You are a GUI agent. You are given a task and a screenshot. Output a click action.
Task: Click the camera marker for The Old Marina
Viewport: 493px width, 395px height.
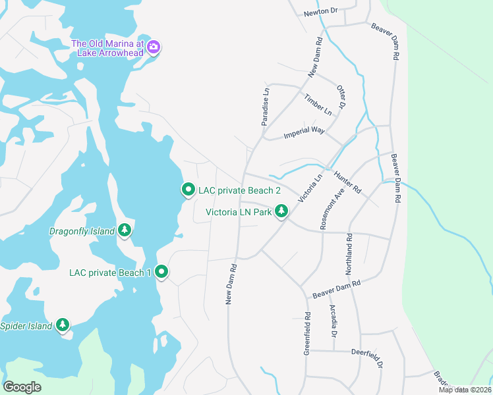[154, 47]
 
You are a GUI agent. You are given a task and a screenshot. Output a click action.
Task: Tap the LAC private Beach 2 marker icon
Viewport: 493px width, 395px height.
[188, 190]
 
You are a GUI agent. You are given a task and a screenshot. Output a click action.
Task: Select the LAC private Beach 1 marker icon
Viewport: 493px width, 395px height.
[161, 272]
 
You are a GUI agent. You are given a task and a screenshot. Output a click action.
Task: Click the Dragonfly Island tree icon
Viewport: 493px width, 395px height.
[125, 231]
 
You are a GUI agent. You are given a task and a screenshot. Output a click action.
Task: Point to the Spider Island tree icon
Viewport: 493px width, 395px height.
[63, 325]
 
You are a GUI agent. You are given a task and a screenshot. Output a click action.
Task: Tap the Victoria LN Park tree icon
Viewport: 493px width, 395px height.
[281, 212]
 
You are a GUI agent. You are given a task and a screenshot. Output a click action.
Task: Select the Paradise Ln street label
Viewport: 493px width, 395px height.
[266, 107]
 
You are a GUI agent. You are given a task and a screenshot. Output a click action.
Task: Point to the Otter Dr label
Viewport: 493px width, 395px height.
[341, 97]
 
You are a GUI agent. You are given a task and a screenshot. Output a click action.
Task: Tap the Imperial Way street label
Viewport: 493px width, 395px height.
[304, 132]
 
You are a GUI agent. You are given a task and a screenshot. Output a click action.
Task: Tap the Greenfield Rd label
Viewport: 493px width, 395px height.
[307, 333]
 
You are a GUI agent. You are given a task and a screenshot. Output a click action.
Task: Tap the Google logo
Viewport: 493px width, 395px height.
[22, 387]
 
